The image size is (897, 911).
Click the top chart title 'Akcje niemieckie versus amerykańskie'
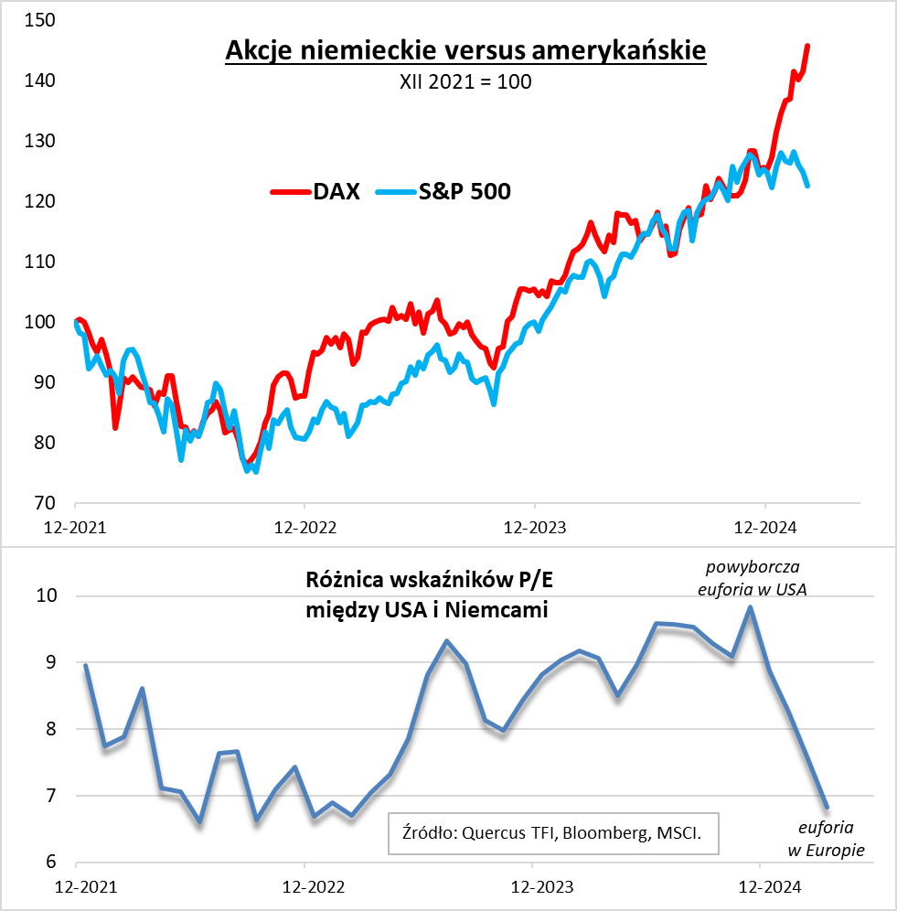pyautogui.click(x=465, y=50)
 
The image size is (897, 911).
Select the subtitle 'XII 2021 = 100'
pyautogui.click(x=465, y=81)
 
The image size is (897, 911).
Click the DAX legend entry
pyautogui.click(x=316, y=191)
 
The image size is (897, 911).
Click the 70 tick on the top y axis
pyautogui.click(x=44, y=503)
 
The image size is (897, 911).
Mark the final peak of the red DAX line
pyautogui.click(x=806, y=46)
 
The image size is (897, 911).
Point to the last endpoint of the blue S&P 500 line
pyautogui.click(x=806, y=186)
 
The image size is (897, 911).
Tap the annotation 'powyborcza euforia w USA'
pyautogui.click(x=752, y=578)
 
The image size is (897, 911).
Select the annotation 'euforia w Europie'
pyautogui.click(x=827, y=839)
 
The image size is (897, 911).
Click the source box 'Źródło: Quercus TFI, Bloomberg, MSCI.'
pyautogui.click(x=553, y=832)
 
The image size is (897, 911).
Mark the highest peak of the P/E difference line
pyautogui.click(x=751, y=607)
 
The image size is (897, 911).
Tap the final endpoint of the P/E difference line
pyautogui.click(x=827, y=808)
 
